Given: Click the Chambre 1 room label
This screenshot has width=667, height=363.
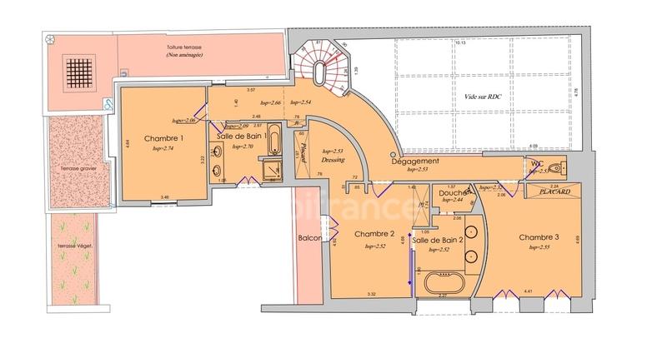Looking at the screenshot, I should pos(163,138).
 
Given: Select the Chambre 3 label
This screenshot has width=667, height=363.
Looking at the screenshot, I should pos(539,237).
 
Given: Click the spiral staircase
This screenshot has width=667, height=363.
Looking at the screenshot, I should pos(322,63).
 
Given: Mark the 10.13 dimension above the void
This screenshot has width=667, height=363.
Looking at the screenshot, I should pos(459,42).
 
